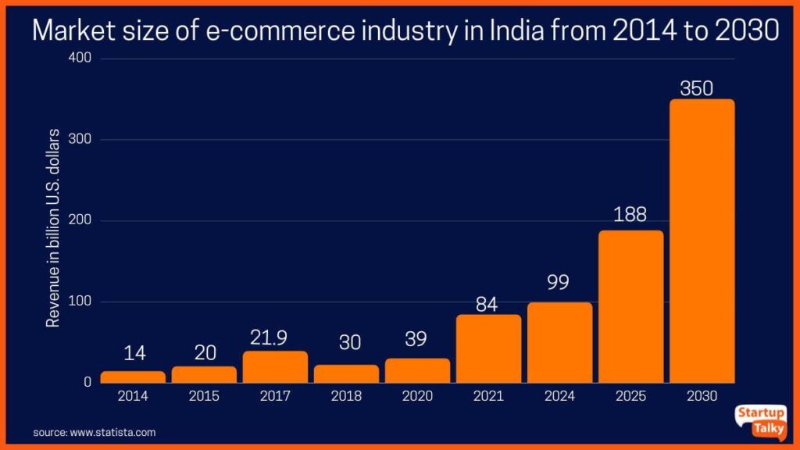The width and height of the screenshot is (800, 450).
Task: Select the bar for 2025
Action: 630,306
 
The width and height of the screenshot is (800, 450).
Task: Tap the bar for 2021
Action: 488,348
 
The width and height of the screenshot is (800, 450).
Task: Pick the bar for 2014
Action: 133,377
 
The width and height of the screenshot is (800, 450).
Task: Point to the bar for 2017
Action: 275,366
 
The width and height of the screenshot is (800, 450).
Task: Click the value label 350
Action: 696,88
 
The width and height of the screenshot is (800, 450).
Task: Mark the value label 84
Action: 487,304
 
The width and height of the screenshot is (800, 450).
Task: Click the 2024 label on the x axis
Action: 559,396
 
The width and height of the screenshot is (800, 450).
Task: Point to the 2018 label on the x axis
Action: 346,396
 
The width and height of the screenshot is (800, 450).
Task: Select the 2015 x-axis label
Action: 204,396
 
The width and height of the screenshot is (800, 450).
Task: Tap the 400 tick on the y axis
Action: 80,59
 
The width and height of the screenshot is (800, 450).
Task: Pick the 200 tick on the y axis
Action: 80,221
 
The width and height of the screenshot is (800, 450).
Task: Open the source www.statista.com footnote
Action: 95,431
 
